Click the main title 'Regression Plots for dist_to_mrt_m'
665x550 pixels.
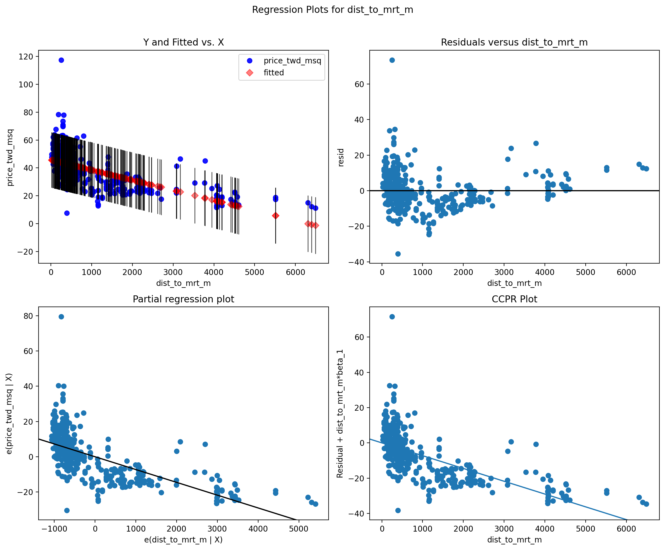[332, 10]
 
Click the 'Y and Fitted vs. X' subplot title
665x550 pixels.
[183, 42]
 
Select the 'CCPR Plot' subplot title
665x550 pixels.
[514, 299]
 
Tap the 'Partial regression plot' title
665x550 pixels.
[183, 299]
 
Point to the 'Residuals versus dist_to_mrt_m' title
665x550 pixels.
[514, 42]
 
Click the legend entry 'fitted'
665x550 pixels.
[274, 73]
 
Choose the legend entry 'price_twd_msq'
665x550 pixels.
[292, 60]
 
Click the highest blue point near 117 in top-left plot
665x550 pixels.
[61, 60]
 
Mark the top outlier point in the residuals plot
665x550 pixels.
[392, 60]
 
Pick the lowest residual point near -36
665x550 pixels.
[398, 254]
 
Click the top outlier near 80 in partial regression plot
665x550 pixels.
[61, 317]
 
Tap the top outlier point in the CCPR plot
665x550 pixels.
[392, 317]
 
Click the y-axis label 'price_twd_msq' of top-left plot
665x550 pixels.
[10, 157]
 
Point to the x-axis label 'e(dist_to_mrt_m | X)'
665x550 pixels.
[183, 540]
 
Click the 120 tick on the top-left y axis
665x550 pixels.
[26, 57]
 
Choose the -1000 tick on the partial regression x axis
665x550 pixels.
[54, 529]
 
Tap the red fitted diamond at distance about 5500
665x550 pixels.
[275, 216]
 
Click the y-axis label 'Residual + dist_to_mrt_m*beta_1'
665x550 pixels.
[340, 414]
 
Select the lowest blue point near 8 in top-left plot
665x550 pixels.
[67, 213]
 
